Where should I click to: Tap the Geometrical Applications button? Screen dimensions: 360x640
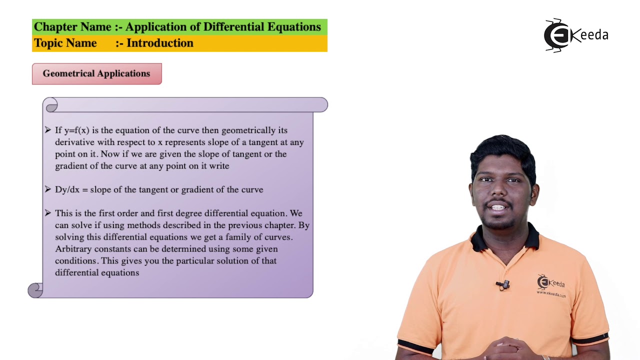coord(96,73)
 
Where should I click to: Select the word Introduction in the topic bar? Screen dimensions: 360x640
coord(159,43)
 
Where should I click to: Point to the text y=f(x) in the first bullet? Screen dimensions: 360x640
coord(76,130)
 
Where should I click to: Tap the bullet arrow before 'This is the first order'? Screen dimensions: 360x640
coord(48,213)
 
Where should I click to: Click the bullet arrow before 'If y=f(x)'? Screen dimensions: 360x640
coord(48,130)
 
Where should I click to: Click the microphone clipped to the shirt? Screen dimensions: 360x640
coord(504,284)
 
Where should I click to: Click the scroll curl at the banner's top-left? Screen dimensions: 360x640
coord(51,105)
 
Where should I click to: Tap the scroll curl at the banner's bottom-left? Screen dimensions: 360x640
coord(35,290)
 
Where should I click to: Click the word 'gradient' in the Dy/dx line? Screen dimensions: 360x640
coord(198,189)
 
